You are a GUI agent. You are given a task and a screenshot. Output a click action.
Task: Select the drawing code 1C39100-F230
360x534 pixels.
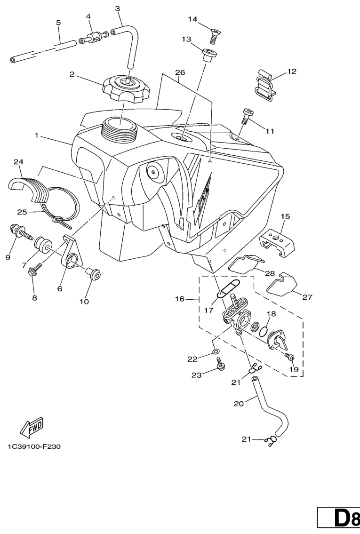[x=34, y=446]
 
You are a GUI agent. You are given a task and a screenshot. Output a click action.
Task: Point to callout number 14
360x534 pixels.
[x=193, y=19]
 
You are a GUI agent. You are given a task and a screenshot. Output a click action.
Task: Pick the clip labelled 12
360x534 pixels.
[x=267, y=85]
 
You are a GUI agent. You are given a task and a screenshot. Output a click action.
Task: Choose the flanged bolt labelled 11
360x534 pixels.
[x=246, y=116]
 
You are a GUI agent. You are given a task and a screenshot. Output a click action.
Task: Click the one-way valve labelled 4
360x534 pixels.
[x=95, y=38]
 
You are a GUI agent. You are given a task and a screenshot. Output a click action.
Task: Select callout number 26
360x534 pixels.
[x=180, y=72]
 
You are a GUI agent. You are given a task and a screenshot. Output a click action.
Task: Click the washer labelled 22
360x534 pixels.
[x=215, y=351]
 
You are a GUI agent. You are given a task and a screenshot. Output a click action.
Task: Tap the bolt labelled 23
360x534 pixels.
[x=220, y=363]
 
